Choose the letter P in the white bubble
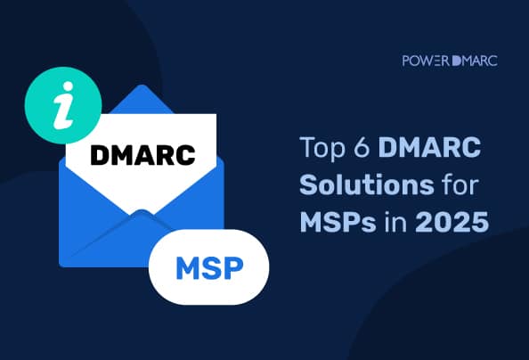(x=233, y=266)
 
